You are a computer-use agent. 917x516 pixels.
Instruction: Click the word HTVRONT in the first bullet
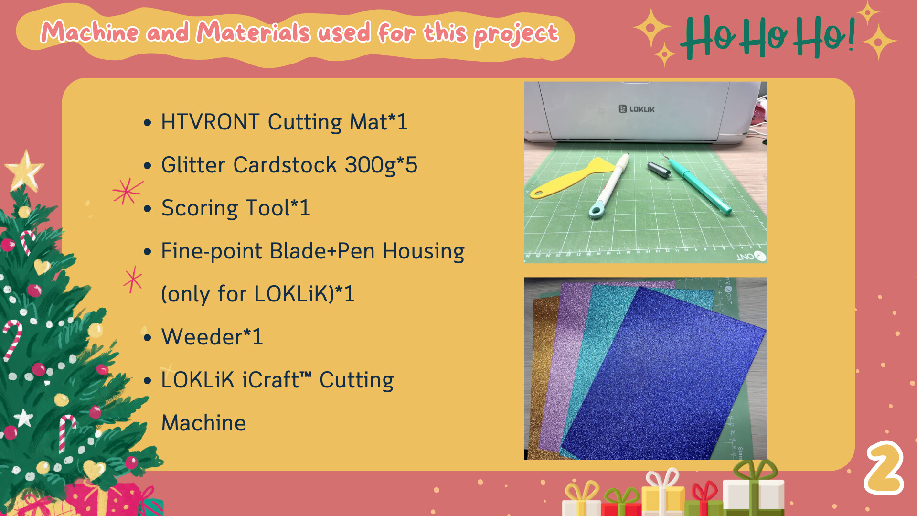pos(210,122)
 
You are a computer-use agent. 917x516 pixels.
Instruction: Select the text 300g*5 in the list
pos(381,165)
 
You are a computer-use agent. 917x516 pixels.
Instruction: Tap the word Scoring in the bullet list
pos(200,209)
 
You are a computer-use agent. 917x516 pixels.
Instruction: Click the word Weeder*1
pos(212,337)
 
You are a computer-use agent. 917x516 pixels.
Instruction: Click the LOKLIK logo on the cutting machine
pos(637,109)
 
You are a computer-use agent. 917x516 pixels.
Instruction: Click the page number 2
pos(884,468)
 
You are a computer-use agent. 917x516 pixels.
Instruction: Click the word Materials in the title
pos(253,32)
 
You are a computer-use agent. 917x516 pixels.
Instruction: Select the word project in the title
pos(516,34)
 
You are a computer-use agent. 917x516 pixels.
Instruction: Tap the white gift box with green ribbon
pos(753,490)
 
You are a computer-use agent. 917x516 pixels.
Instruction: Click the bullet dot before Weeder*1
pos(148,338)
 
